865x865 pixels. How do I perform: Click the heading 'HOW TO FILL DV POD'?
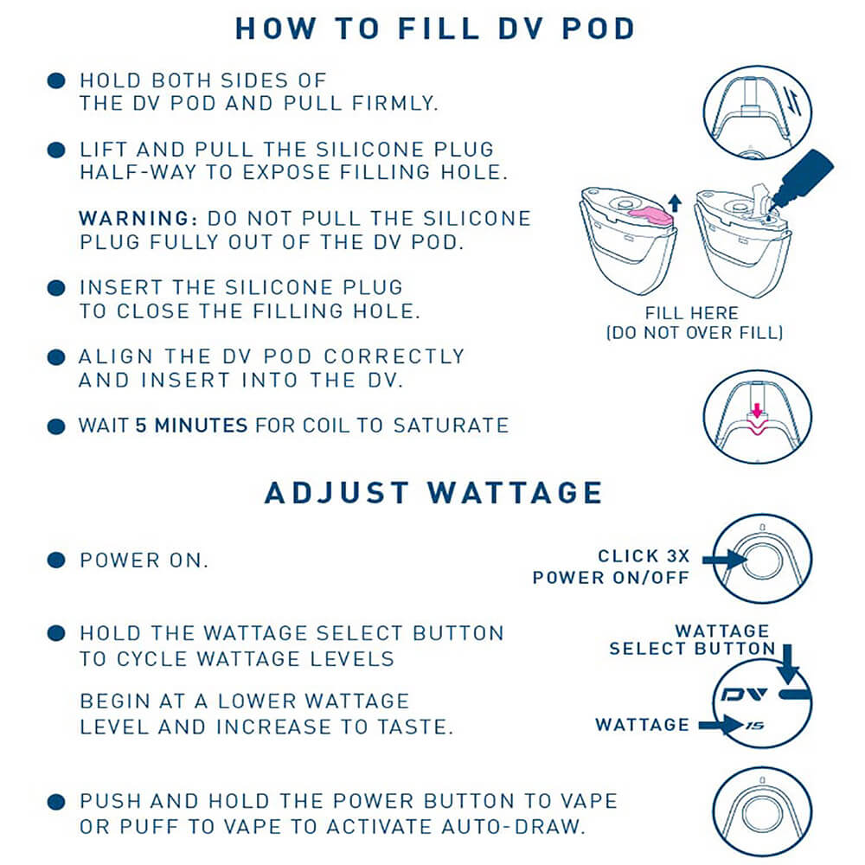(x=435, y=29)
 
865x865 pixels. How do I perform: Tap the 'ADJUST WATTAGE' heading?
(x=433, y=493)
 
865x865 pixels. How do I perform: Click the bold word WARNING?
(x=138, y=219)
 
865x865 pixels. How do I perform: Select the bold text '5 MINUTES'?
(x=191, y=426)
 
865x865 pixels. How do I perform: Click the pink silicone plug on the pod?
(x=651, y=215)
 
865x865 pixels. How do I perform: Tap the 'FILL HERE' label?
(x=692, y=313)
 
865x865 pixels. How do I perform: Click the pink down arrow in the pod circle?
(x=758, y=410)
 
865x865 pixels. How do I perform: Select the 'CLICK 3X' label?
(x=644, y=556)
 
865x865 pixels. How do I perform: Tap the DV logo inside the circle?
(x=744, y=694)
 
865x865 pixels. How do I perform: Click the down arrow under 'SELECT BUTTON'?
(x=788, y=664)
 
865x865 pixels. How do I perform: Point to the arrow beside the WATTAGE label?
(x=721, y=725)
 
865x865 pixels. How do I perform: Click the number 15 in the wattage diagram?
(x=755, y=726)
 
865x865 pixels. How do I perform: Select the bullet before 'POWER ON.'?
(x=56, y=561)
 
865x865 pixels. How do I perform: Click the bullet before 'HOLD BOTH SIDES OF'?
(x=56, y=81)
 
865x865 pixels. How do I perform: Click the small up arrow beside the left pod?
(x=675, y=203)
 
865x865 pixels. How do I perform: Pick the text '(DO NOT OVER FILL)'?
(x=695, y=333)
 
